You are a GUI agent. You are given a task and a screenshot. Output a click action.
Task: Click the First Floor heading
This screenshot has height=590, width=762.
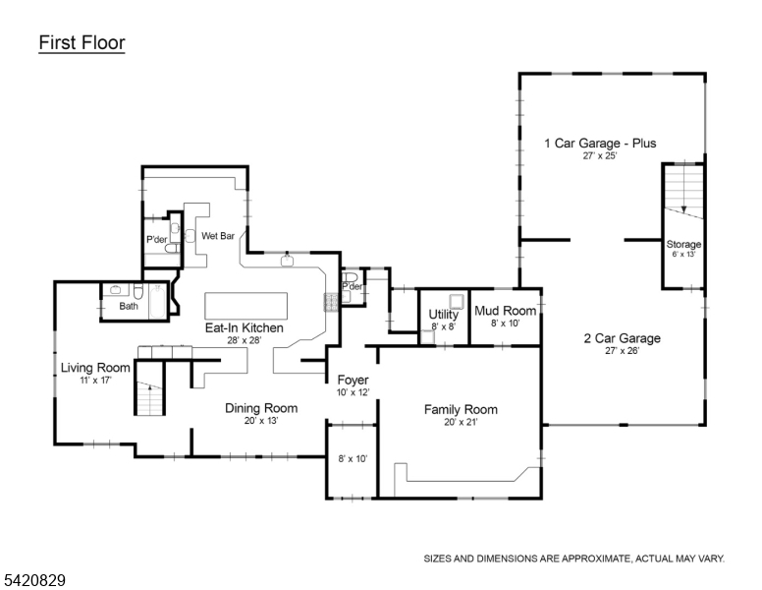point(82,43)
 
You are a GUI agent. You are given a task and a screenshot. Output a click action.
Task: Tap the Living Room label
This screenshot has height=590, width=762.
point(95,368)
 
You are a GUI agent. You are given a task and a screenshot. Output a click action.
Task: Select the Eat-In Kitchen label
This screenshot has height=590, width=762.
point(245,327)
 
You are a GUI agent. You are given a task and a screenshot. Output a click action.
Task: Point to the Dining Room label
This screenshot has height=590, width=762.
point(261,408)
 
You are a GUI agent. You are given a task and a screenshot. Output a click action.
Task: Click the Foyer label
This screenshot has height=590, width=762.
point(353,381)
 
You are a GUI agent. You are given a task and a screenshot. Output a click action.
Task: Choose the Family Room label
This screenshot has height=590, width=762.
point(461,409)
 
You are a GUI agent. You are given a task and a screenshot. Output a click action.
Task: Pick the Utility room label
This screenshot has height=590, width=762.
point(444,315)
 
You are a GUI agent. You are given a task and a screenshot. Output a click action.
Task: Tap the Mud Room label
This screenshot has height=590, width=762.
point(506,311)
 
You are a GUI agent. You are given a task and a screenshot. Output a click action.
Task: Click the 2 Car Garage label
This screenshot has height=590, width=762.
point(622,338)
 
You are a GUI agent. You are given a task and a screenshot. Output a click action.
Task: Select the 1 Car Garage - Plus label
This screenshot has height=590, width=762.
point(600,144)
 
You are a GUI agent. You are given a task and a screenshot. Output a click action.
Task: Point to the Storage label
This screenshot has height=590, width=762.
point(683,244)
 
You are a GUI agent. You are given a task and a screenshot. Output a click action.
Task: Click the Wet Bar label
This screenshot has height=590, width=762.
point(218,236)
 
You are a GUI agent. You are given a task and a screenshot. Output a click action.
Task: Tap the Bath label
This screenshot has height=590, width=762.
point(129,306)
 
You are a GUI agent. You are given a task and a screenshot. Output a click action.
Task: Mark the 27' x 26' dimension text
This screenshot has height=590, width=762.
point(622,351)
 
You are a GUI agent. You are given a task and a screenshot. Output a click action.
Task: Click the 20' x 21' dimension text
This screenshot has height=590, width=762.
point(461,422)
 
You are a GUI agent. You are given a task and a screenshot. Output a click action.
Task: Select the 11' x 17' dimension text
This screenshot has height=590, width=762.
point(95,381)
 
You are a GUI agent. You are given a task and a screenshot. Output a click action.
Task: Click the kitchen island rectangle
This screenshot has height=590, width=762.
point(245,302)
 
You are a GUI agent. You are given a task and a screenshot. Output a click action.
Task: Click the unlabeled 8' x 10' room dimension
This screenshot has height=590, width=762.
point(353,458)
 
